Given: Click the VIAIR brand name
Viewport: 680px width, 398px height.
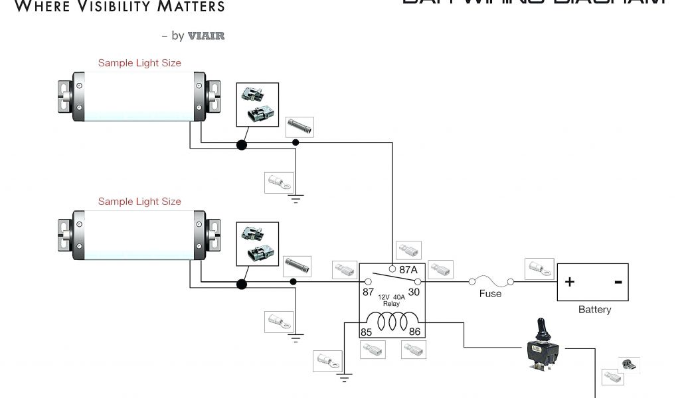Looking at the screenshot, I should click(206, 36).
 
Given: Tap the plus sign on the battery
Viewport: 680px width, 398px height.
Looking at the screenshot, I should click(570, 282).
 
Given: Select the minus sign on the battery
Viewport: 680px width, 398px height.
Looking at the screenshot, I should click(618, 282).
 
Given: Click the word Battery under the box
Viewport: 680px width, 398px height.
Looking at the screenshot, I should click(594, 309).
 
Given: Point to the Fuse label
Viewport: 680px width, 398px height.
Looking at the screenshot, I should click(490, 293).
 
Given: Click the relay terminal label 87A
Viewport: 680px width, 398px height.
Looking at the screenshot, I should click(408, 270).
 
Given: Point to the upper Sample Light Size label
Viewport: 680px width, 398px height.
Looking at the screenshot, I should click(139, 63).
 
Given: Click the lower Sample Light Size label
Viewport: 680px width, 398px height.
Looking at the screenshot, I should click(139, 201).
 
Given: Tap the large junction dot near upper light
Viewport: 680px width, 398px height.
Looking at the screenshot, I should click(242, 144).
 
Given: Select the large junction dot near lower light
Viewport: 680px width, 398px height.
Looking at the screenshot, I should click(242, 284).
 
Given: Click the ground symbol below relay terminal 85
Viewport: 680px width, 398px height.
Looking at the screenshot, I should click(344, 379).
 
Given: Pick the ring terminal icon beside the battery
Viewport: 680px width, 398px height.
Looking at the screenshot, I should click(539, 268).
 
